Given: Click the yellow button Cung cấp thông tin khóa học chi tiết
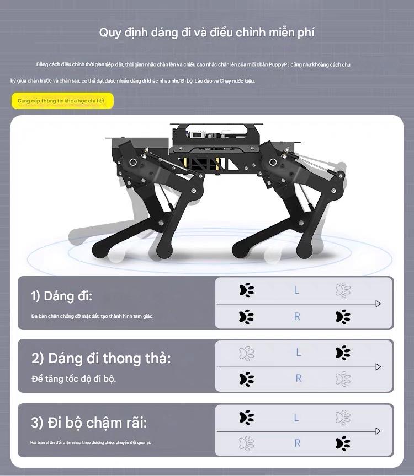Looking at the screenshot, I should pyautogui.click(x=61, y=101).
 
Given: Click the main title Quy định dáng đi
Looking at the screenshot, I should pyautogui.click(x=206, y=32).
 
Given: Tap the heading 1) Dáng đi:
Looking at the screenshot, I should pyautogui.click(x=61, y=296).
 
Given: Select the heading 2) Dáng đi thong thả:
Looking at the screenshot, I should pyautogui.click(x=101, y=358).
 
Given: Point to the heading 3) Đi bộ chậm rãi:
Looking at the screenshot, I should pyautogui.click(x=89, y=423).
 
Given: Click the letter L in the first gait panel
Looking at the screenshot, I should pyautogui.click(x=296, y=290).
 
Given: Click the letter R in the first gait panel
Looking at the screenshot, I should pyautogui.click(x=297, y=316).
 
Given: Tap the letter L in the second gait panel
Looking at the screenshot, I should pyautogui.click(x=298, y=353).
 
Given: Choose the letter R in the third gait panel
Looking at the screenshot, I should pyautogui.click(x=298, y=443).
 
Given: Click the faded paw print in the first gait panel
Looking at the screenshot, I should pyautogui.click(x=343, y=290).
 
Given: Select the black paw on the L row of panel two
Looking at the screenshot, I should pyautogui.click(x=343, y=353).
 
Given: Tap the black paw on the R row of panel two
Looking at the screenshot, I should pyautogui.click(x=247, y=379).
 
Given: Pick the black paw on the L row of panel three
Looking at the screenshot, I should pyautogui.click(x=247, y=417).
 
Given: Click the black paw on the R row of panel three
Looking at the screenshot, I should pyautogui.click(x=343, y=443).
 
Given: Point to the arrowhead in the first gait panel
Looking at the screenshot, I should pyautogui.click(x=378, y=304).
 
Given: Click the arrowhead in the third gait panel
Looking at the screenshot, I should pyautogui.click(x=378, y=431).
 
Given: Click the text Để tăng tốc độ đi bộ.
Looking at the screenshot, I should pyautogui.click(x=74, y=379).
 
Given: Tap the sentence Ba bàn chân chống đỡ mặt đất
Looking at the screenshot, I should pyautogui.click(x=92, y=316).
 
